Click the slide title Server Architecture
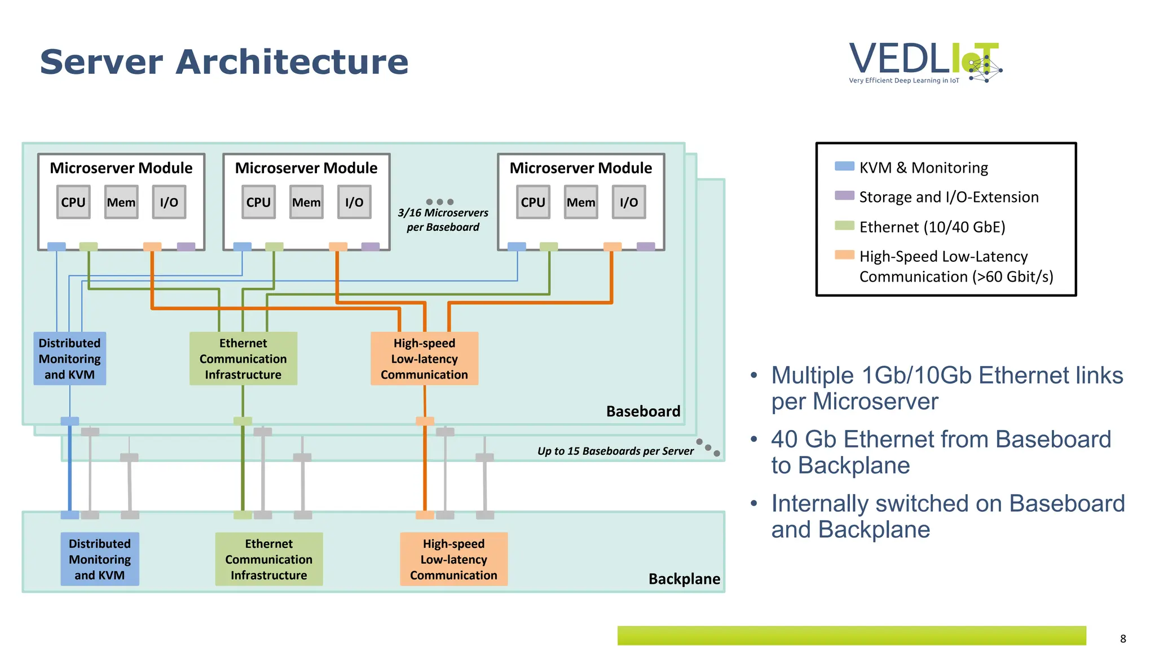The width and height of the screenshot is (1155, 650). pyautogui.click(x=224, y=62)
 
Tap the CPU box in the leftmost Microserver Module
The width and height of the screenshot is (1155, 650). pyautogui.click(x=73, y=202)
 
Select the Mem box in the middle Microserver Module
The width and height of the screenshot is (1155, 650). pyautogui.click(x=306, y=202)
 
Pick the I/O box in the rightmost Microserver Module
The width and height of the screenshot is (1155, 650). pyautogui.click(x=629, y=202)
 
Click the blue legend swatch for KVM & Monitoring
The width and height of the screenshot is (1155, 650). pyautogui.click(x=844, y=166)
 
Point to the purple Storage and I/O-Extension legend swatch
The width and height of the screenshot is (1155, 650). pyautogui.click(x=844, y=195)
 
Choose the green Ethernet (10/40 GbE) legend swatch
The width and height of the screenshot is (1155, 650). pyautogui.click(x=844, y=226)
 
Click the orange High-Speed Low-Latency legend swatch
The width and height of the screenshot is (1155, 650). pyautogui.click(x=844, y=255)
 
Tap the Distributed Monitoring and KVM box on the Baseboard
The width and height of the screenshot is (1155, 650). pyautogui.click(x=69, y=359)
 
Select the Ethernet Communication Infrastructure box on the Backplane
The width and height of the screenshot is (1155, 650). pyautogui.click(x=269, y=559)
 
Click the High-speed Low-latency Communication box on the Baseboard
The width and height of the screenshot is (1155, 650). pyautogui.click(x=424, y=359)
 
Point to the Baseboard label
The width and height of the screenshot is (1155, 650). pyautogui.click(x=643, y=411)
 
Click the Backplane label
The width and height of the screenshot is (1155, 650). pyautogui.click(x=684, y=579)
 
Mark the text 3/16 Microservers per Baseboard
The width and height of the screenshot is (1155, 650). pyautogui.click(x=443, y=220)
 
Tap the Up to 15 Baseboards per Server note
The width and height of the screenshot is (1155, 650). pyautogui.click(x=615, y=451)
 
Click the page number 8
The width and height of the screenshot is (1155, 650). pyautogui.click(x=1123, y=639)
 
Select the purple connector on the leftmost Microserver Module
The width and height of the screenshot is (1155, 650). pyautogui.click(x=186, y=247)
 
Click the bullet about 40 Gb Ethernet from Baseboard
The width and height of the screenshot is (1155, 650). pyautogui.click(x=941, y=452)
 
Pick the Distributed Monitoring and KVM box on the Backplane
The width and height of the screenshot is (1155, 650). pyautogui.click(x=100, y=559)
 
